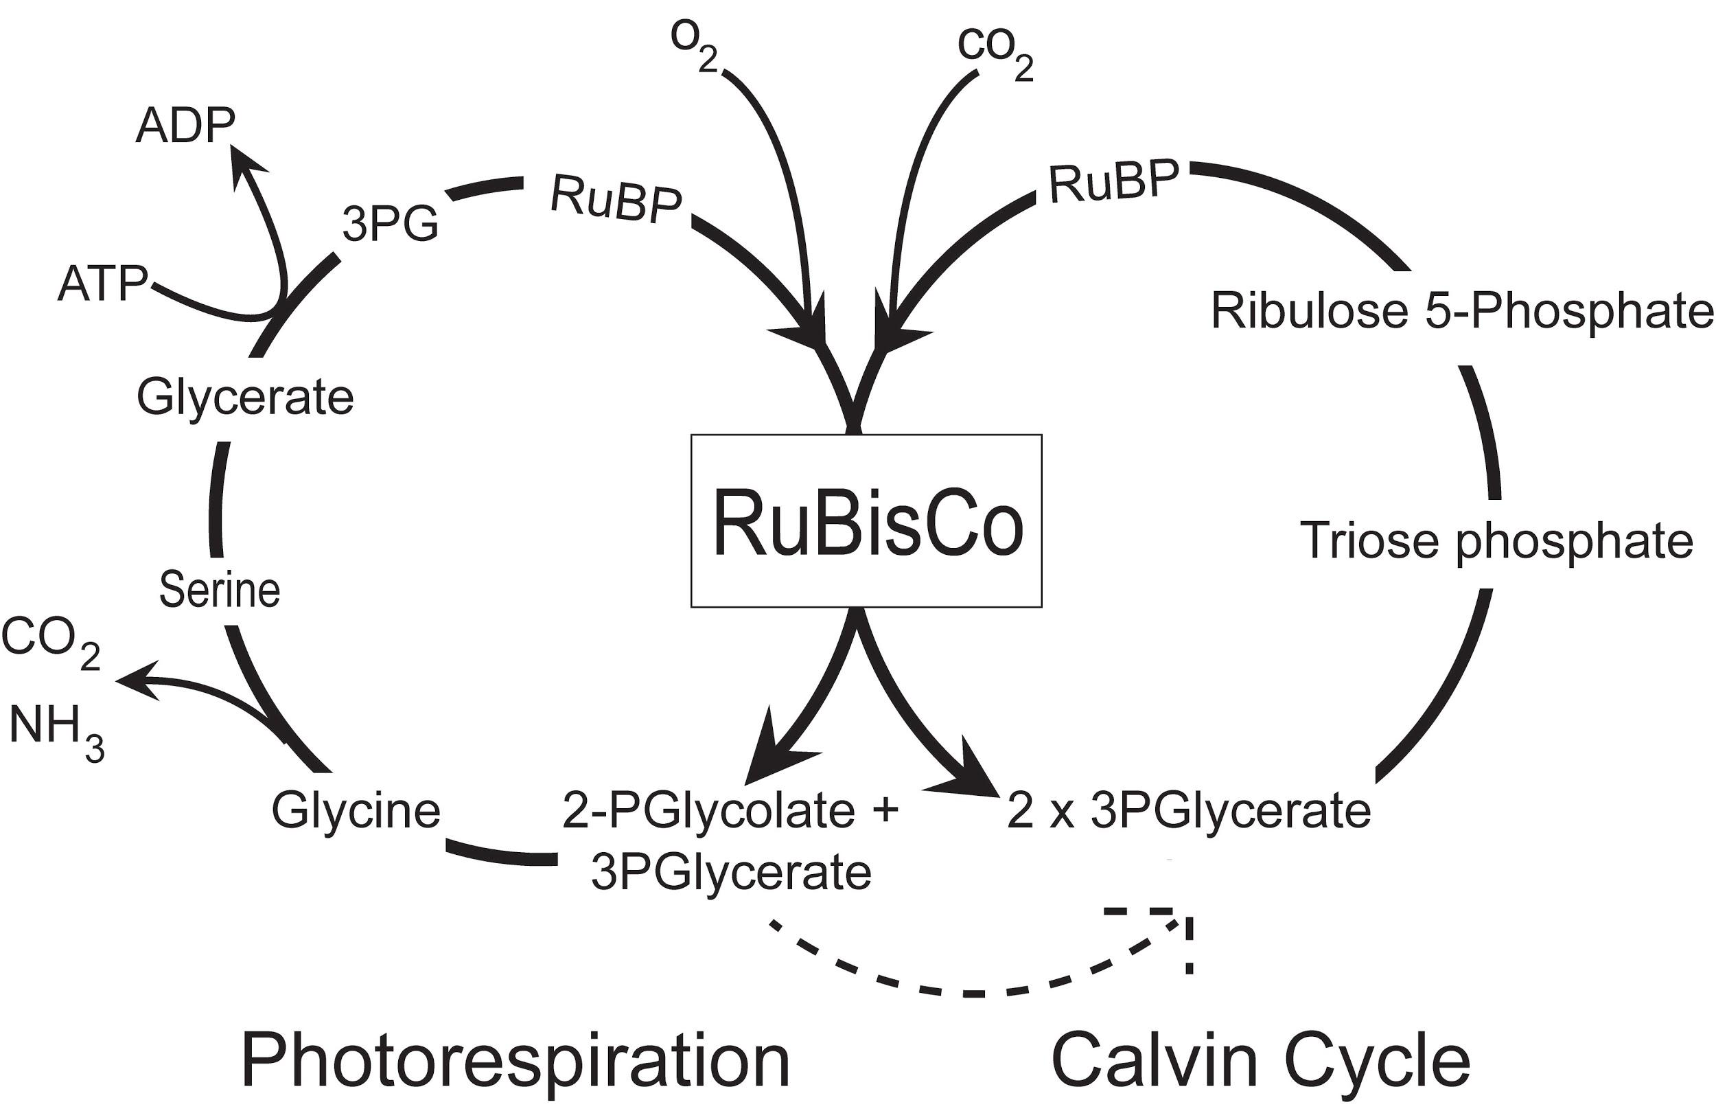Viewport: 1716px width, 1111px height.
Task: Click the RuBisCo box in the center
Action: coord(866,520)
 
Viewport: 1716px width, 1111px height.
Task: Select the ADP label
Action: coord(185,126)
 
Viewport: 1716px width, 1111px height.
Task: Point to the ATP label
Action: coord(102,283)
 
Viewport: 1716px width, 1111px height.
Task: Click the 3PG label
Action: coord(390,224)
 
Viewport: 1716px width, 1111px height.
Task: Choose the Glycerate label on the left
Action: coord(245,398)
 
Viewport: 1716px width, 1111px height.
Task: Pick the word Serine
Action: coord(219,589)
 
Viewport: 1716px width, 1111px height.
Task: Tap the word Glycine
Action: coord(356,810)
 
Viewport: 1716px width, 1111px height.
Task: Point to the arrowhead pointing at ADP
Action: coord(245,162)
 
